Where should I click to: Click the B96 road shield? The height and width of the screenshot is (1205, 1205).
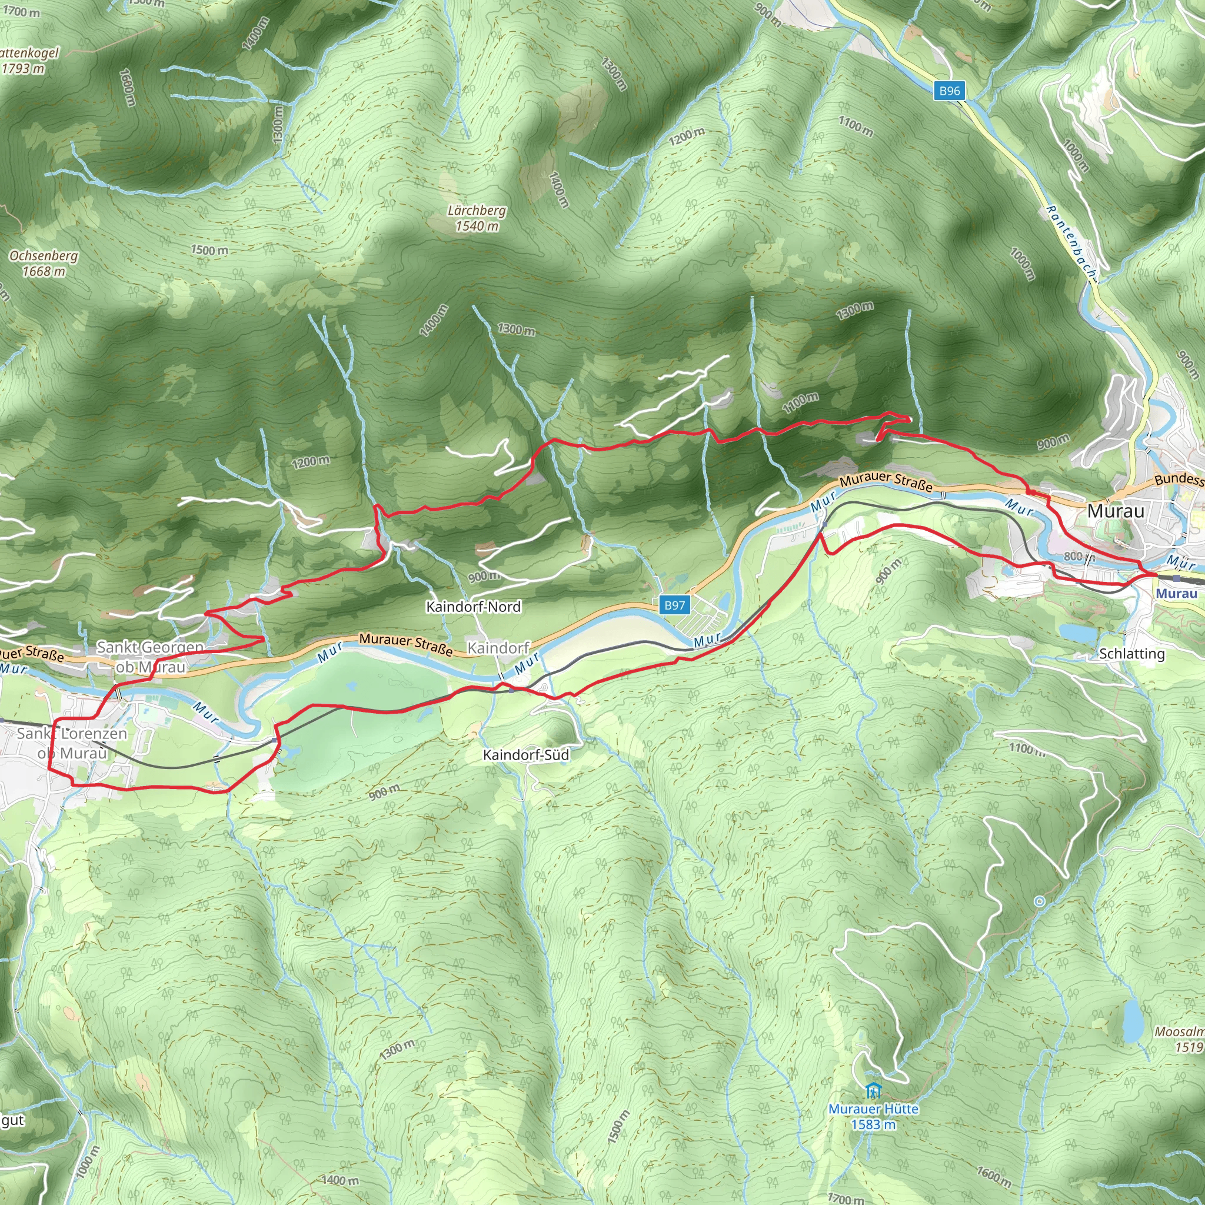point(949,91)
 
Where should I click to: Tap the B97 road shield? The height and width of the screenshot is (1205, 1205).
point(674,604)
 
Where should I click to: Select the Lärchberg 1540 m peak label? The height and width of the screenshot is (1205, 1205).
point(477,218)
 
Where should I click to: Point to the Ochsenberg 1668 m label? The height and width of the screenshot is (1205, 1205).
point(44,263)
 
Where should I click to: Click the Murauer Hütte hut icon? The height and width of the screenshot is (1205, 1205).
point(873,1091)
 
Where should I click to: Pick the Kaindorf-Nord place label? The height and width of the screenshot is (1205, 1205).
point(473,606)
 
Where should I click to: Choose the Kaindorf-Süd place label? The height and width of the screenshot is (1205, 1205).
point(526,755)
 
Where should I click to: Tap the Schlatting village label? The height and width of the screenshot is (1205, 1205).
point(1131,654)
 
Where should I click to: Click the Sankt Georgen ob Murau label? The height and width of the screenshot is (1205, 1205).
point(149,657)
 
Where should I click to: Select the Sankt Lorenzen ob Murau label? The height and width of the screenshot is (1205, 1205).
point(72,743)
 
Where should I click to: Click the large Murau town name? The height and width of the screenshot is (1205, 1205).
point(1116,511)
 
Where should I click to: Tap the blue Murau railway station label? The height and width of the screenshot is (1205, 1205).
point(1176,593)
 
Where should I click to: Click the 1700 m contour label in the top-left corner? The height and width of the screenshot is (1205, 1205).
point(21,11)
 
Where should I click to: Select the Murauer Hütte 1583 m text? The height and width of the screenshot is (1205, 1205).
point(873,1116)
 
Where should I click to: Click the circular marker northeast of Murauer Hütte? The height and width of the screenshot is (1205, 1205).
point(1039,901)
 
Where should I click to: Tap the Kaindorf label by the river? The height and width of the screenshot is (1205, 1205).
point(498,647)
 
